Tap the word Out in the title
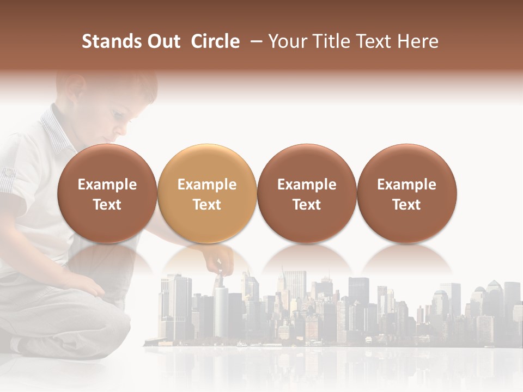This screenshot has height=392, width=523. coord(162,41)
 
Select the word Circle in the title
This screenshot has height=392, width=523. coord(215,41)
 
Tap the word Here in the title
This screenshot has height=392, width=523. coord(418,41)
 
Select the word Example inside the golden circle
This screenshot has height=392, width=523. coord(207,185)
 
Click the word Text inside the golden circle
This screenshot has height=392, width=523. coord(207,205)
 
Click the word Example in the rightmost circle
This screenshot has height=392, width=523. coord(406,185)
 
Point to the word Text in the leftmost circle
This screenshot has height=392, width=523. coord(107,205)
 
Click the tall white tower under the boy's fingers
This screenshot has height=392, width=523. coord(221,310)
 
